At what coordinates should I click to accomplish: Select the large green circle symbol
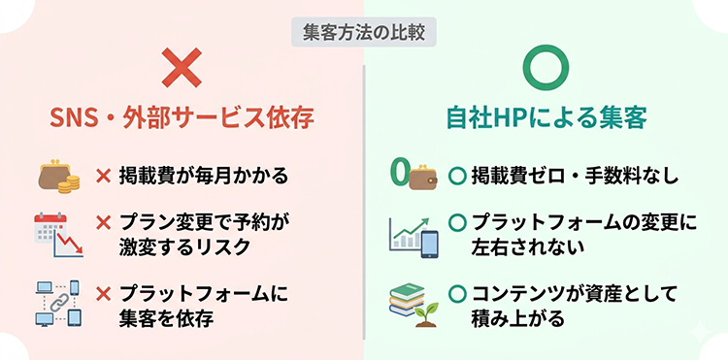(546, 67)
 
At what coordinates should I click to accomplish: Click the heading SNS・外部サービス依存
(182, 119)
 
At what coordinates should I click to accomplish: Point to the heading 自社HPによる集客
(546, 119)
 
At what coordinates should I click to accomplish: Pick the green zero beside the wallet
(396, 174)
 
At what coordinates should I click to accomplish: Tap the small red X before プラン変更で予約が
(103, 223)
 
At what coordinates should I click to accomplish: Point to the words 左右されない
(527, 248)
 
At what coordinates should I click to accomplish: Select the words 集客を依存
(166, 316)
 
